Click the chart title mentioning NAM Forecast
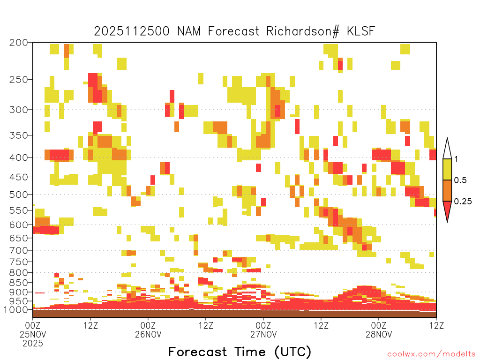[x=234, y=31]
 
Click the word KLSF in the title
[x=361, y=31]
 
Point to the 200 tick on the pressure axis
[x=18, y=43]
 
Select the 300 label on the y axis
[x=18, y=110]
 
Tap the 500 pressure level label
[x=18, y=195]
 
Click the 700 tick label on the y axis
[x=18, y=250]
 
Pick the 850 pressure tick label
[x=18, y=283]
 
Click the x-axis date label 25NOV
[x=33, y=334]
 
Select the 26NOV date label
[x=148, y=334]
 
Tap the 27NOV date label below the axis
[x=263, y=334]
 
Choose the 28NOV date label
[x=379, y=334]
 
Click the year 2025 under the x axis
[x=33, y=344]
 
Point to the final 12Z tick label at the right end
[x=436, y=325]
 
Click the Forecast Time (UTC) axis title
[x=240, y=352]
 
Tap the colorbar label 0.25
[x=463, y=202]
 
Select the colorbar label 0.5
[x=460, y=180]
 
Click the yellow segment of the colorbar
[x=447, y=169]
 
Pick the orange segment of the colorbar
[x=447, y=190]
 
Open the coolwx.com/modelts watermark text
[x=431, y=354]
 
